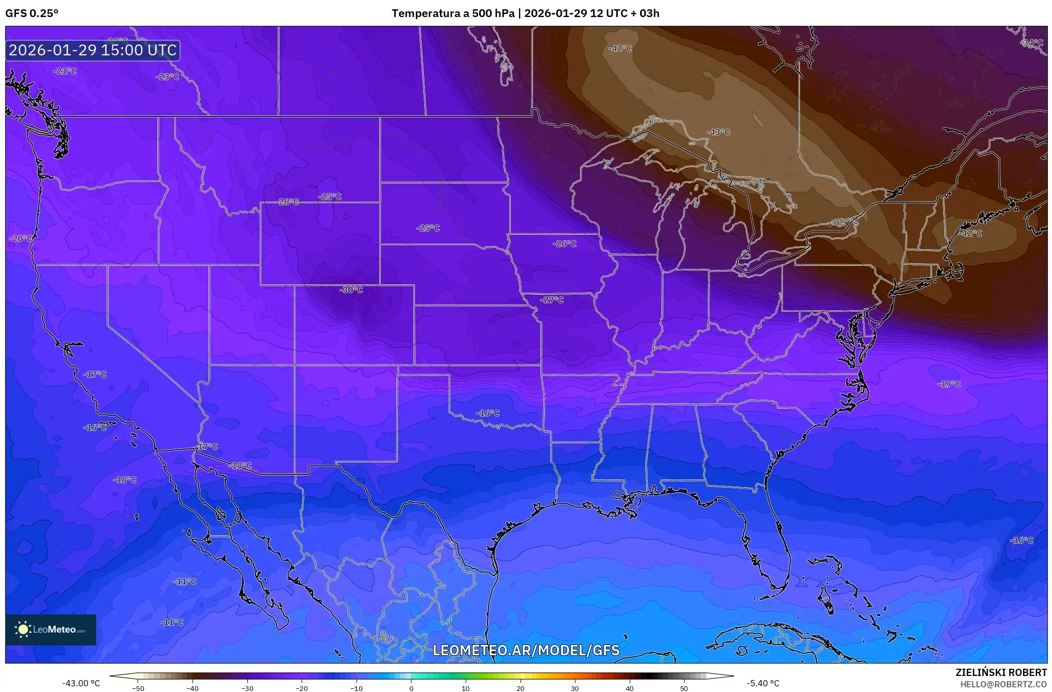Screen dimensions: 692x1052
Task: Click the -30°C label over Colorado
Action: [351, 290]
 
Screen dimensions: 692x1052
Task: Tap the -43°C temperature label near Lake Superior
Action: [718, 132]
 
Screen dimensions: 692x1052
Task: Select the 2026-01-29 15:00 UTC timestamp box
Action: [93, 50]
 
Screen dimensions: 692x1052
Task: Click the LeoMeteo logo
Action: [51, 629]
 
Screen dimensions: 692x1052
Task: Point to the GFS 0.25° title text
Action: [32, 13]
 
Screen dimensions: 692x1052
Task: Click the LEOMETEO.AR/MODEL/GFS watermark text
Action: [526, 650]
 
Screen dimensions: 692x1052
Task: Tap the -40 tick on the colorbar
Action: [192, 688]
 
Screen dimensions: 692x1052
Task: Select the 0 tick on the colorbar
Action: [411, 688]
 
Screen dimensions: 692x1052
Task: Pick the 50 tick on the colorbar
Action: [684, 688]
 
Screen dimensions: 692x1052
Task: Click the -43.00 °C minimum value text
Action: [81, 683]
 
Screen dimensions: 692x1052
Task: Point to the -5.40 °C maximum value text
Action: [763, 683]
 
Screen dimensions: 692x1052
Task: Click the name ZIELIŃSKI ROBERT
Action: [1001, 672]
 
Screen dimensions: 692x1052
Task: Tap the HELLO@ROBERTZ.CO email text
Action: [1003, 684]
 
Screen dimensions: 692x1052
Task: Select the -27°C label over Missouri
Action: [552, 299]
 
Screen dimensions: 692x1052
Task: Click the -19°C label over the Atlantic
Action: [949, 384]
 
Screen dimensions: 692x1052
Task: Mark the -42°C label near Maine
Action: [970, 233]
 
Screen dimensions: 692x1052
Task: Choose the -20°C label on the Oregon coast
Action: [21, 238]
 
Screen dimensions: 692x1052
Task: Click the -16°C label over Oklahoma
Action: [487, 413]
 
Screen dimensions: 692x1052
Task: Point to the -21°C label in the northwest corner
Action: [65, 71]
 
